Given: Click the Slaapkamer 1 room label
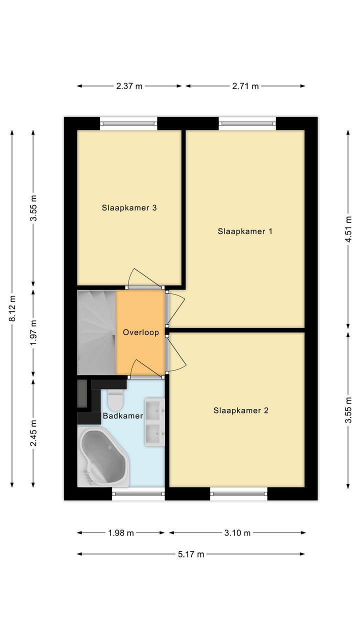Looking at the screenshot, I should pyautogui.click(x=244, y=231).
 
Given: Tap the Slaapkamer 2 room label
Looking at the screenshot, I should pyautogui.click(x=240, y=410).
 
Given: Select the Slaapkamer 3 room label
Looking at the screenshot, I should pyautogui.click(x=129, y=207).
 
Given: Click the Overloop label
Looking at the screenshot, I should pyautogui.click(x=141, y=332).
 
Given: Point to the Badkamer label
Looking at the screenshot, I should pyautogui.click(x=123, y=415).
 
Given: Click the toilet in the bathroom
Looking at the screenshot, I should pyautogui.click(x=115, y=400).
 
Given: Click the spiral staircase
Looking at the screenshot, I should pyautogui.click(x=96, y=332).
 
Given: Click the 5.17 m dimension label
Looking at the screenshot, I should pyautogui.click(x=191, y=554).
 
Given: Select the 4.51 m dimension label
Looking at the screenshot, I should pyautogui.click(x=348, y=229).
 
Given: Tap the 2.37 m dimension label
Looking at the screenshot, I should pyautogui.click(x=129, y=86).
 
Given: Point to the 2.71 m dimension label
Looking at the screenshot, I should pyautogui.click(x=245, y=86).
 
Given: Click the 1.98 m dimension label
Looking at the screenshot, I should pyautogui.click(x=120, y=533).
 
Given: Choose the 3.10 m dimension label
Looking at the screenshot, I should pyautogui.click(x=237, y=533).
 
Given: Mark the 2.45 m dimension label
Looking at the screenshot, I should pyautogui.click(x=33, y=433).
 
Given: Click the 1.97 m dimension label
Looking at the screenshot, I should pyautogui.click(x=33, y=332).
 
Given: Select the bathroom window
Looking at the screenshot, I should pyautogui.click(x=138, y=494).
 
